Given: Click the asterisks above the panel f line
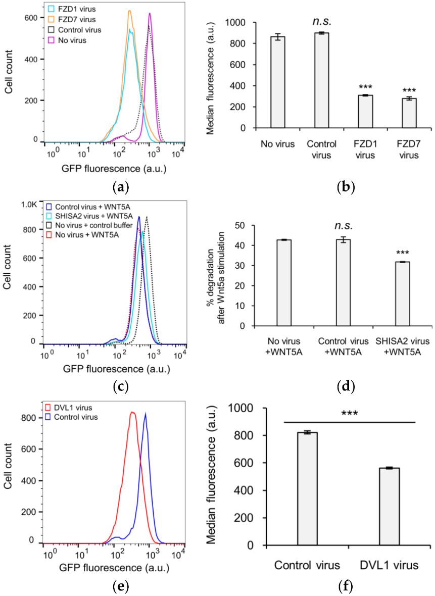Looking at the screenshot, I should [349, 413].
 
